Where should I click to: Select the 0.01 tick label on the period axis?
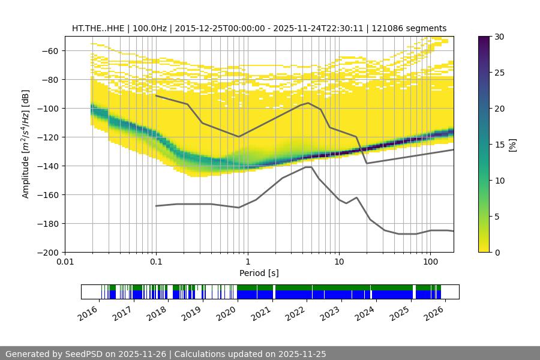click(x=65, y=262)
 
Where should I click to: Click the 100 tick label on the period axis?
click(x=430, y=262)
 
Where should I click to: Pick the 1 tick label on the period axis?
click(x=247, y=262)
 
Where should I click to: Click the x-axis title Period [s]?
click(x=259, y=273)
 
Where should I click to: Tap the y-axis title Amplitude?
click(x=26, y=144)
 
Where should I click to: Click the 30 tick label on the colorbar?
click(x=500, y=37)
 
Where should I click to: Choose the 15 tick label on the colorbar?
click(x=500, y=145)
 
